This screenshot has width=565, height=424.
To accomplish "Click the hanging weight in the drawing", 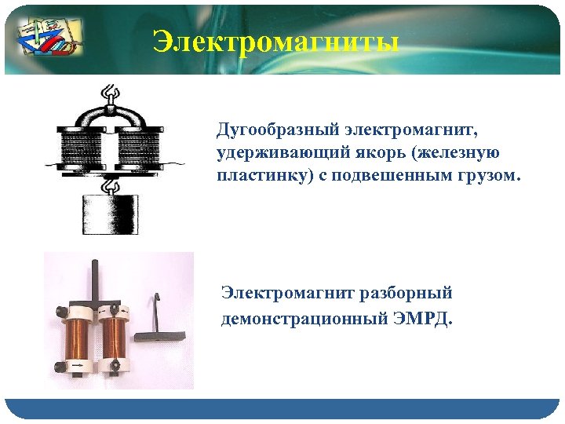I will (110, 214).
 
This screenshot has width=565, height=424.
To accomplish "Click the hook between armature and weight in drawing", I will (111, 187).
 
